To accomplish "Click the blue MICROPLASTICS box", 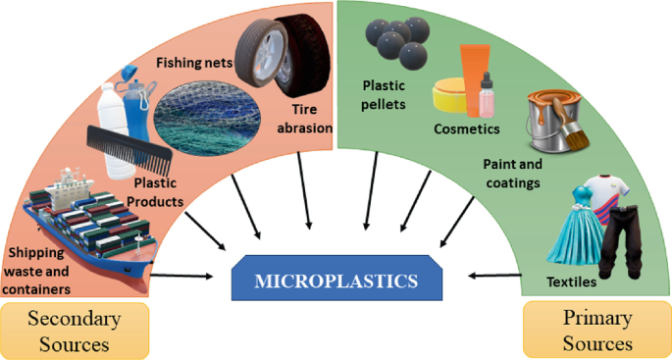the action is click(336, 282).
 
